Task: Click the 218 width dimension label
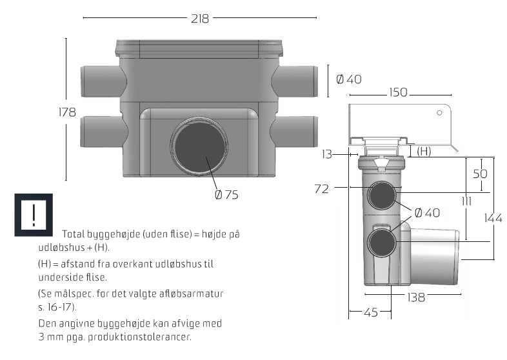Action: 200,19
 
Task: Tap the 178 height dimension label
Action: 68,112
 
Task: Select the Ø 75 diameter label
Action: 226,195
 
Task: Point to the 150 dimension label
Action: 397,93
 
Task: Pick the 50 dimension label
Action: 480,174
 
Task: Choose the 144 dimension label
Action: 493,218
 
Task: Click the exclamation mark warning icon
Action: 33,214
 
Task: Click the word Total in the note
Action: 74,234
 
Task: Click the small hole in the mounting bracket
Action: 439,113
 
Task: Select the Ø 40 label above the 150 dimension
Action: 349,79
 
